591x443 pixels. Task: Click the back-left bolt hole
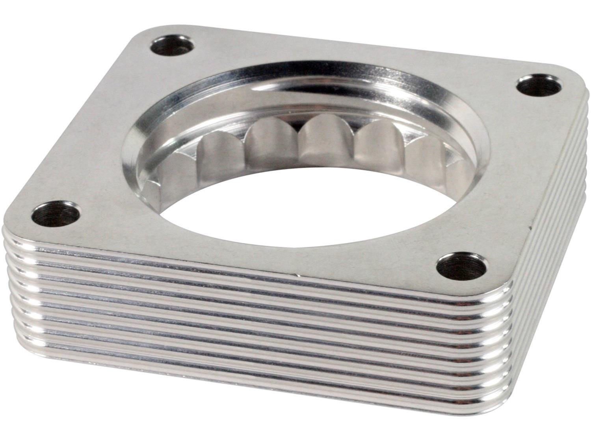(172, 46)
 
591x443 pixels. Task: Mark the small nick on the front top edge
(296, 273)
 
